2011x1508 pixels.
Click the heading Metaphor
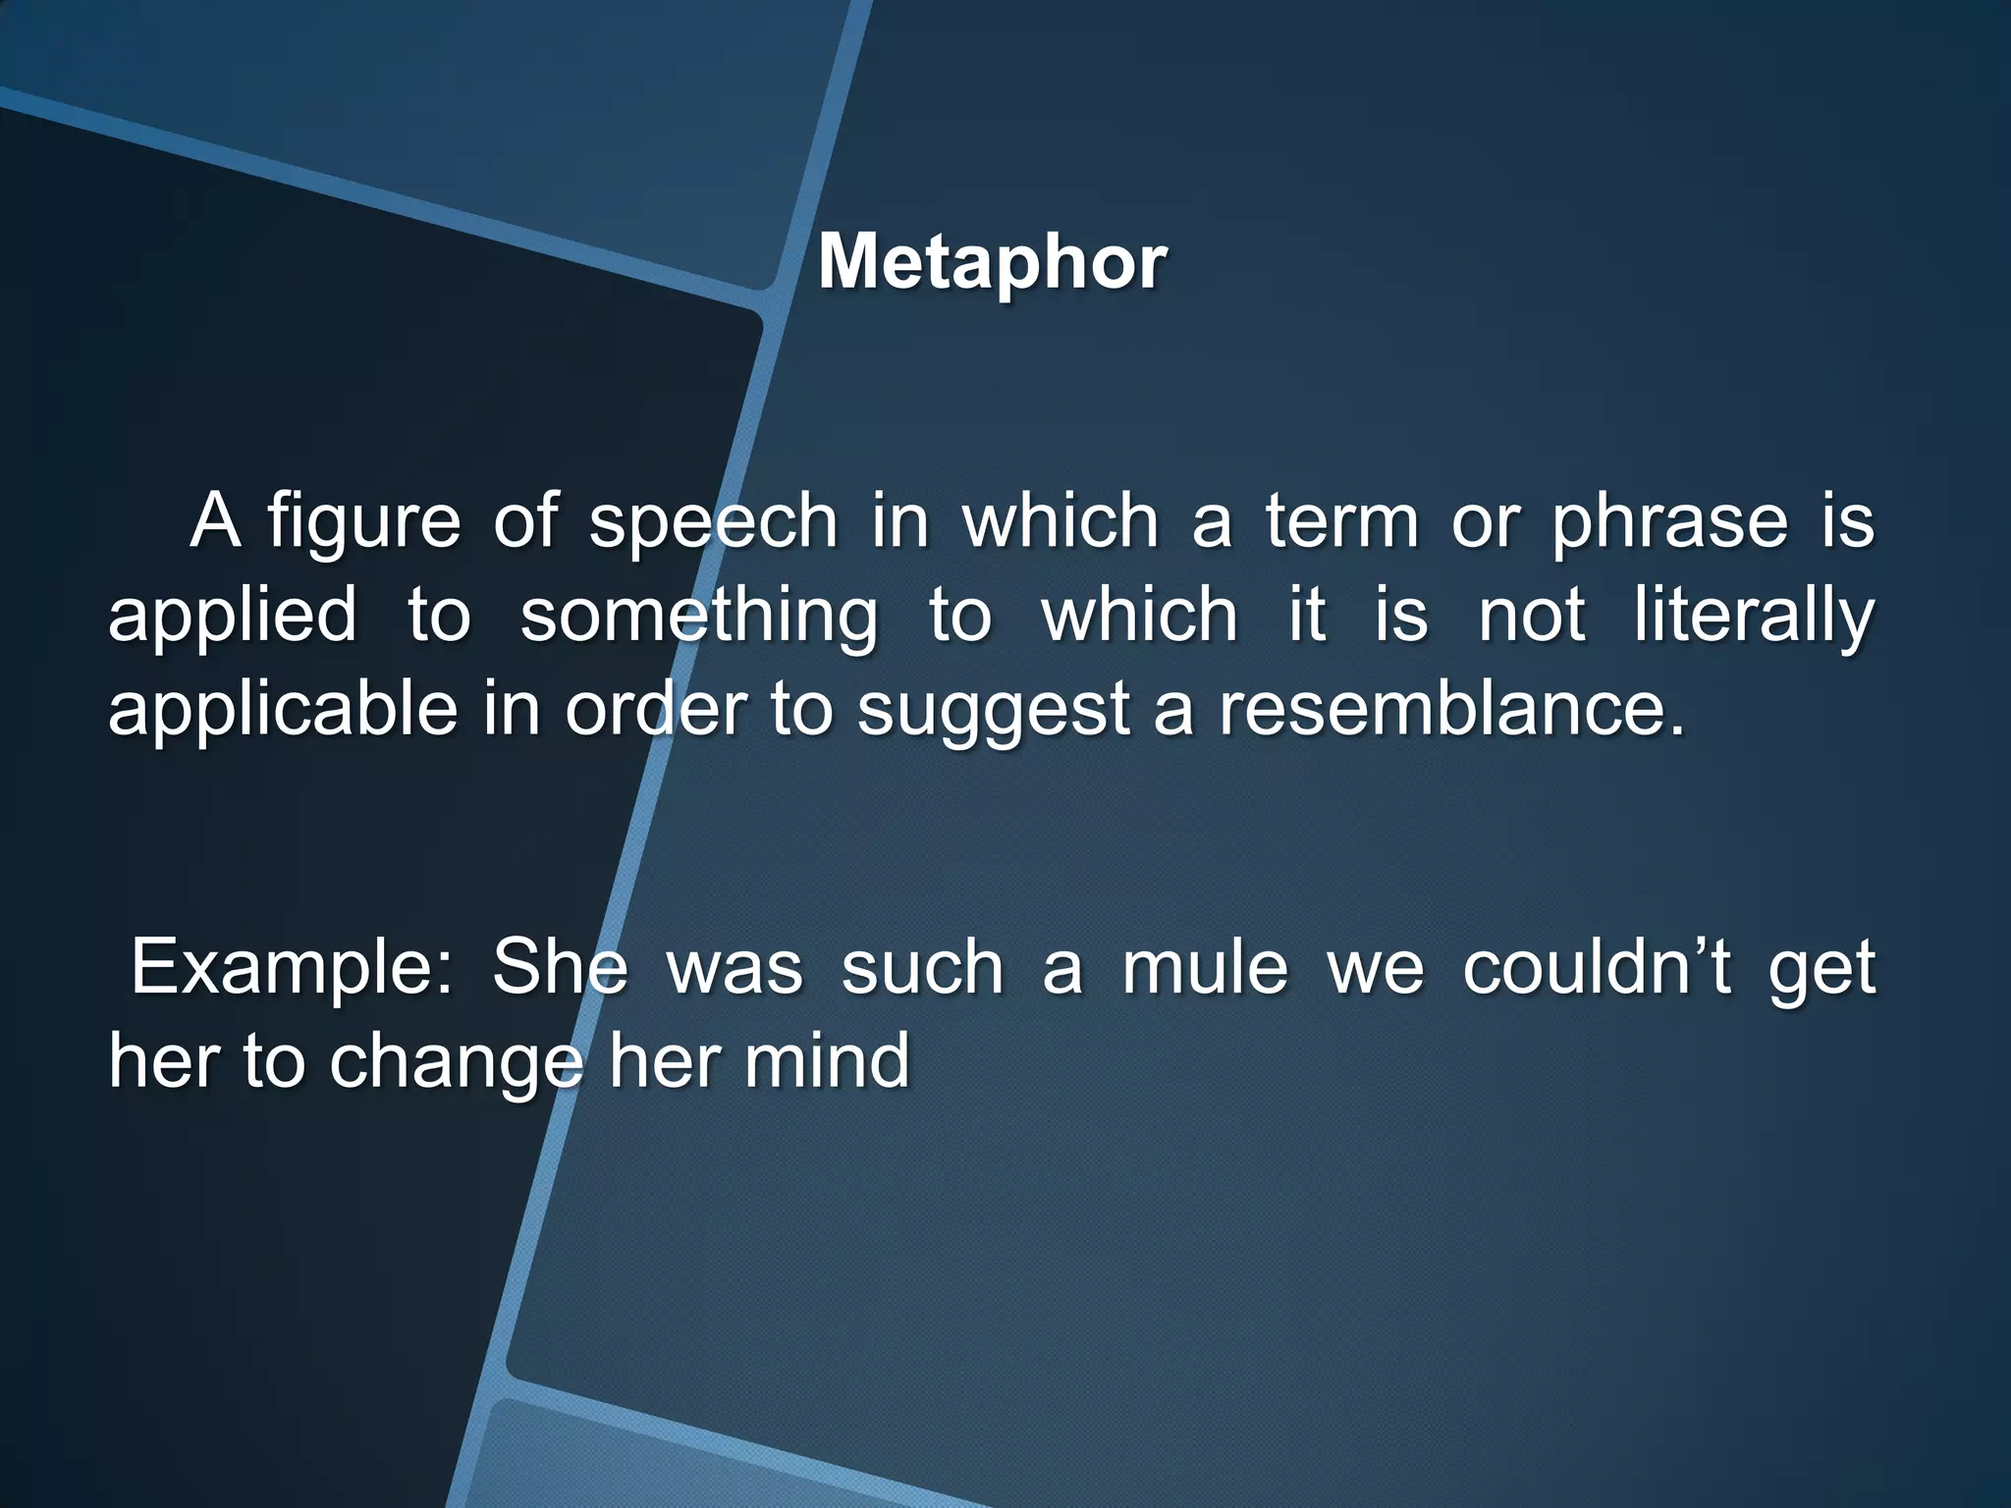(993, 262)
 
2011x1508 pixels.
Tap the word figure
(363, 523)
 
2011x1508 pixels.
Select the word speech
(714, 523)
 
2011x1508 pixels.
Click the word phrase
(1670, 523)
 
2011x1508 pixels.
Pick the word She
(560, 967)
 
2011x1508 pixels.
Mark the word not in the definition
(1532, 617)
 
